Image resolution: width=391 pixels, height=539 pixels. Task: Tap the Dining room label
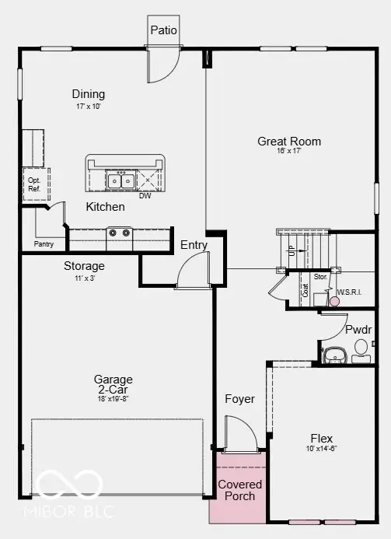tap(89, 93)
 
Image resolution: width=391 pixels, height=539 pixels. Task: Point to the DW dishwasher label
tap(145, 196)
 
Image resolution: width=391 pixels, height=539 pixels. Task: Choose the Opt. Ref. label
tap(33, 184)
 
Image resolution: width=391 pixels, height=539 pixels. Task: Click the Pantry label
tap(44, 244)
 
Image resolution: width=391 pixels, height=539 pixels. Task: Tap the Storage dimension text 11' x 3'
tap(84, 278)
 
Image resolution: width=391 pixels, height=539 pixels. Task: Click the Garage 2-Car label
tap(113, 385)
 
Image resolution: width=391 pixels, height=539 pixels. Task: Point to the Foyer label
tap(240, 399)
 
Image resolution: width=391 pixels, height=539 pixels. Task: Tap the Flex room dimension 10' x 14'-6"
tap(321, 449)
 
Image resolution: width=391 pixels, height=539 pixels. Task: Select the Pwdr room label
tap(358, 330)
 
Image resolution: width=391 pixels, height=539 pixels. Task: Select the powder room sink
tap(333, 355)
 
